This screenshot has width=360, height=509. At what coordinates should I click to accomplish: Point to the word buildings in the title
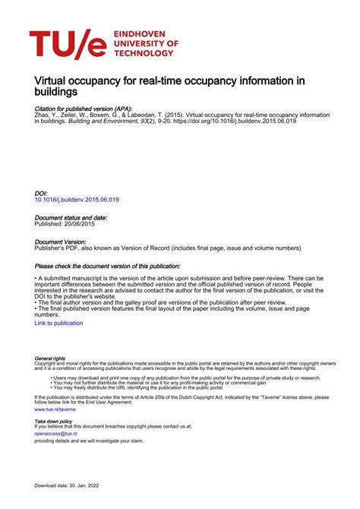(56, 91)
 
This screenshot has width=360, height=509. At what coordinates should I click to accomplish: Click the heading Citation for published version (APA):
(84, 109)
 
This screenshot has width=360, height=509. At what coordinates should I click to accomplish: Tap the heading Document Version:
(65, 242)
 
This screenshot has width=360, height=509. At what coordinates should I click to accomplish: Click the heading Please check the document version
(107, 267)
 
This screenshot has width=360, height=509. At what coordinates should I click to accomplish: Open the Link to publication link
(58, 323)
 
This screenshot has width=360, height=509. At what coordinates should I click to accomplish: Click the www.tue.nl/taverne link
(55, 409)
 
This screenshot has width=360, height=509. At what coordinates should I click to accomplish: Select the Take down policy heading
(54, 421)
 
